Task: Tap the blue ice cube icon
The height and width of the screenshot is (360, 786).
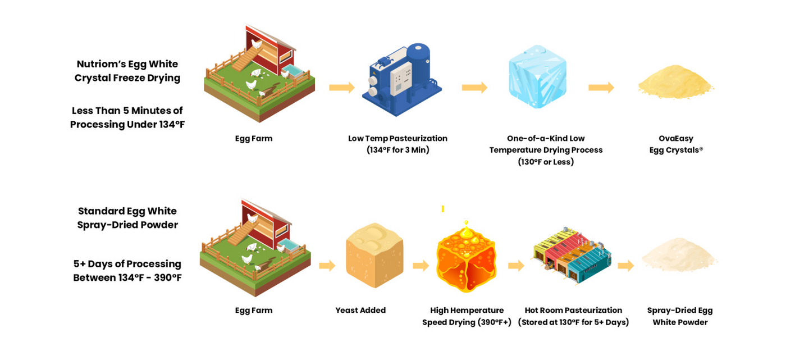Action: tap(537, 77)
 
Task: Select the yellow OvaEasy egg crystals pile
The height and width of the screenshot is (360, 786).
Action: tap(675, 83)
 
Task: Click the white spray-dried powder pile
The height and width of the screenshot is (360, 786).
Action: tap(679, 256)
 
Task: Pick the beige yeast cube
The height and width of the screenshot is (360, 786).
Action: tap(374, 255)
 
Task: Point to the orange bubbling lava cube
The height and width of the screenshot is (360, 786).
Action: tap(466, 258)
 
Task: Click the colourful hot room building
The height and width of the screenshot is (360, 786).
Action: tap(572, 256)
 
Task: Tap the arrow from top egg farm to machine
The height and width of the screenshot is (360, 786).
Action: tap(341, 88)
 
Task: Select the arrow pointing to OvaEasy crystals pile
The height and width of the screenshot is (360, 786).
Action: tap(601, 88)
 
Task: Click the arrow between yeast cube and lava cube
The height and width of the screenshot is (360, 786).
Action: tap(421, 266)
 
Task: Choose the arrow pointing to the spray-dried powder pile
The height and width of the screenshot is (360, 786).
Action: tap(625, 266)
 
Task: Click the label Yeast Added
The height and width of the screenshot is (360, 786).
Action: tap(360, 311)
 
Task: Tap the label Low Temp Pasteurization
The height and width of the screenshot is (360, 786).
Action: tap(397, 138)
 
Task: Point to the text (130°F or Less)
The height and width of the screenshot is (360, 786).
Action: tap(546, 162)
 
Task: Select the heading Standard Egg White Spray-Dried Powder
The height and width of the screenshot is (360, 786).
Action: tap(127, 218)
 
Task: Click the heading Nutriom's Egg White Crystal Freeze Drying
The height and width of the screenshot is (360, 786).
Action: tap(127, 71)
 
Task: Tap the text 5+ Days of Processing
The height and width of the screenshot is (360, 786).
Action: tap(127, 264)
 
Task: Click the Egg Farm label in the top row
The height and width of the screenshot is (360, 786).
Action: tap(254, 138)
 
